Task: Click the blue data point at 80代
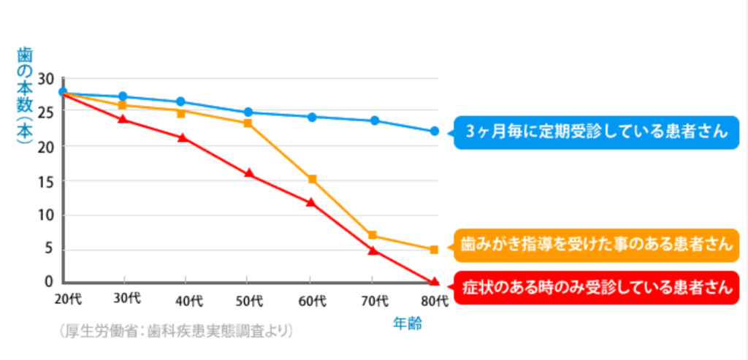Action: [435, 131]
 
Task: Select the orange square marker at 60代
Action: [312, 179]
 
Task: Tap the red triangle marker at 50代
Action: [249, 174]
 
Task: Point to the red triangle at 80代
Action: [435, 281]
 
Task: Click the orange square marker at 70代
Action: [373, 235]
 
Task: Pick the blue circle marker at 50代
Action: [249, 112]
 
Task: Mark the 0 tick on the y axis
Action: [50, 281]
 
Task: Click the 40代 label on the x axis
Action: [186, 300]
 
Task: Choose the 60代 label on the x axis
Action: [310, 301]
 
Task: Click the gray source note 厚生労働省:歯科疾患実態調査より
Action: [176, 331]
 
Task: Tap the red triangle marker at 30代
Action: [123, 118]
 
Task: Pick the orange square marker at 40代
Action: [181, 113]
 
